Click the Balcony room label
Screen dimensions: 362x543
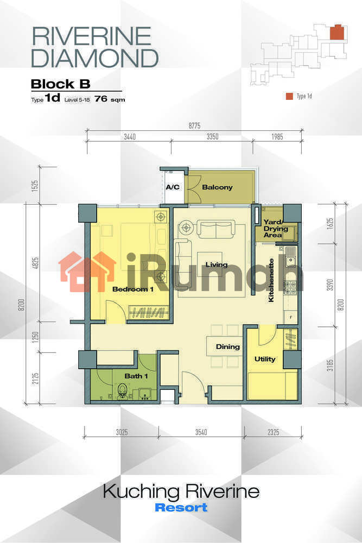(217, 187)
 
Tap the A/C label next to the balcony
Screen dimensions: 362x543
(173, 187)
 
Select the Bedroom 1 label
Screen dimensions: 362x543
(133, 289)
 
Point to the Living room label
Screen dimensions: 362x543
(217, 265)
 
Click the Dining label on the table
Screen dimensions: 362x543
(228, 346)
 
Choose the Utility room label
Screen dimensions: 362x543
(265, 359)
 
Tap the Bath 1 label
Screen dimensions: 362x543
(136, 376)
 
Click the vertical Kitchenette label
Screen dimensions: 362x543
(271, 280)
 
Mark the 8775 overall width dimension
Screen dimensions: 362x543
(194, 125)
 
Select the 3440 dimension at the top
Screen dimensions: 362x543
(130, 136)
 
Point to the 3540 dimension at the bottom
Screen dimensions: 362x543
(201, 432)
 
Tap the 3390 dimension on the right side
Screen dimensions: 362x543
(330, 285)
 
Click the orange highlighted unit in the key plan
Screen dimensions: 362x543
(337, 33)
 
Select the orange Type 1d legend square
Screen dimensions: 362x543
(289, 96)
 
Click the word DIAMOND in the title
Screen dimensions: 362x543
(95, 58)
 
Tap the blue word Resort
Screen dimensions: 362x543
(181, 507)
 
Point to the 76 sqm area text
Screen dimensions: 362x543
(110, 99)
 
